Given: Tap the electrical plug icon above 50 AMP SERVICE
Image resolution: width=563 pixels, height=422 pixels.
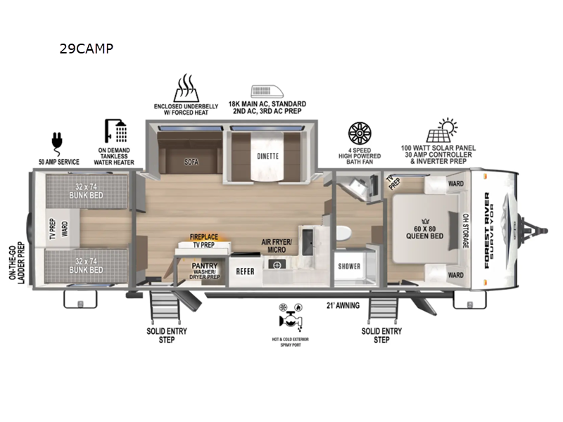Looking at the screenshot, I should pyautogui.click(x=54, y=141).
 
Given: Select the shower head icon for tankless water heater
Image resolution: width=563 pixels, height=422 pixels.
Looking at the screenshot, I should pyautogui.click(x=116, y=131).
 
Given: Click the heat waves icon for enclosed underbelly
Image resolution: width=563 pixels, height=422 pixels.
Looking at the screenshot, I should pyautogui.click(x=186, y=89).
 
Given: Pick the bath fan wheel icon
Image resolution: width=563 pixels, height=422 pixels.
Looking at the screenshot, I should pyautogui.click(x=360, y=134).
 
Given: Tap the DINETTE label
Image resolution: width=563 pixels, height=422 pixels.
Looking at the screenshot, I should pyautogui.click(x=267, y=156).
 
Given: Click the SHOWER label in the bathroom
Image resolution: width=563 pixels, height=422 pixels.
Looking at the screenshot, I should pyautogui.click(x=349, y=267).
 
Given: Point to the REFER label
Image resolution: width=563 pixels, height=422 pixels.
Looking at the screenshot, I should pyautogui.click(x=245, y=270).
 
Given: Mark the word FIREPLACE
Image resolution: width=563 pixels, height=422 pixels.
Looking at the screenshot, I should pyautogui.click(x=205, y=238).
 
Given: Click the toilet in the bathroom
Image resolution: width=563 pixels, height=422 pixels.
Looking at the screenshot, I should pyautogui.click(x=343, y=235).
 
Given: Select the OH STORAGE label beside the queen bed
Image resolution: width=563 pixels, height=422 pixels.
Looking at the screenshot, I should pyautogui.click(x=465, y=231).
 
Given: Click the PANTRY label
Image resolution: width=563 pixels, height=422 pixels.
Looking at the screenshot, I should pyautogui.click(x=204, y=266).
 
